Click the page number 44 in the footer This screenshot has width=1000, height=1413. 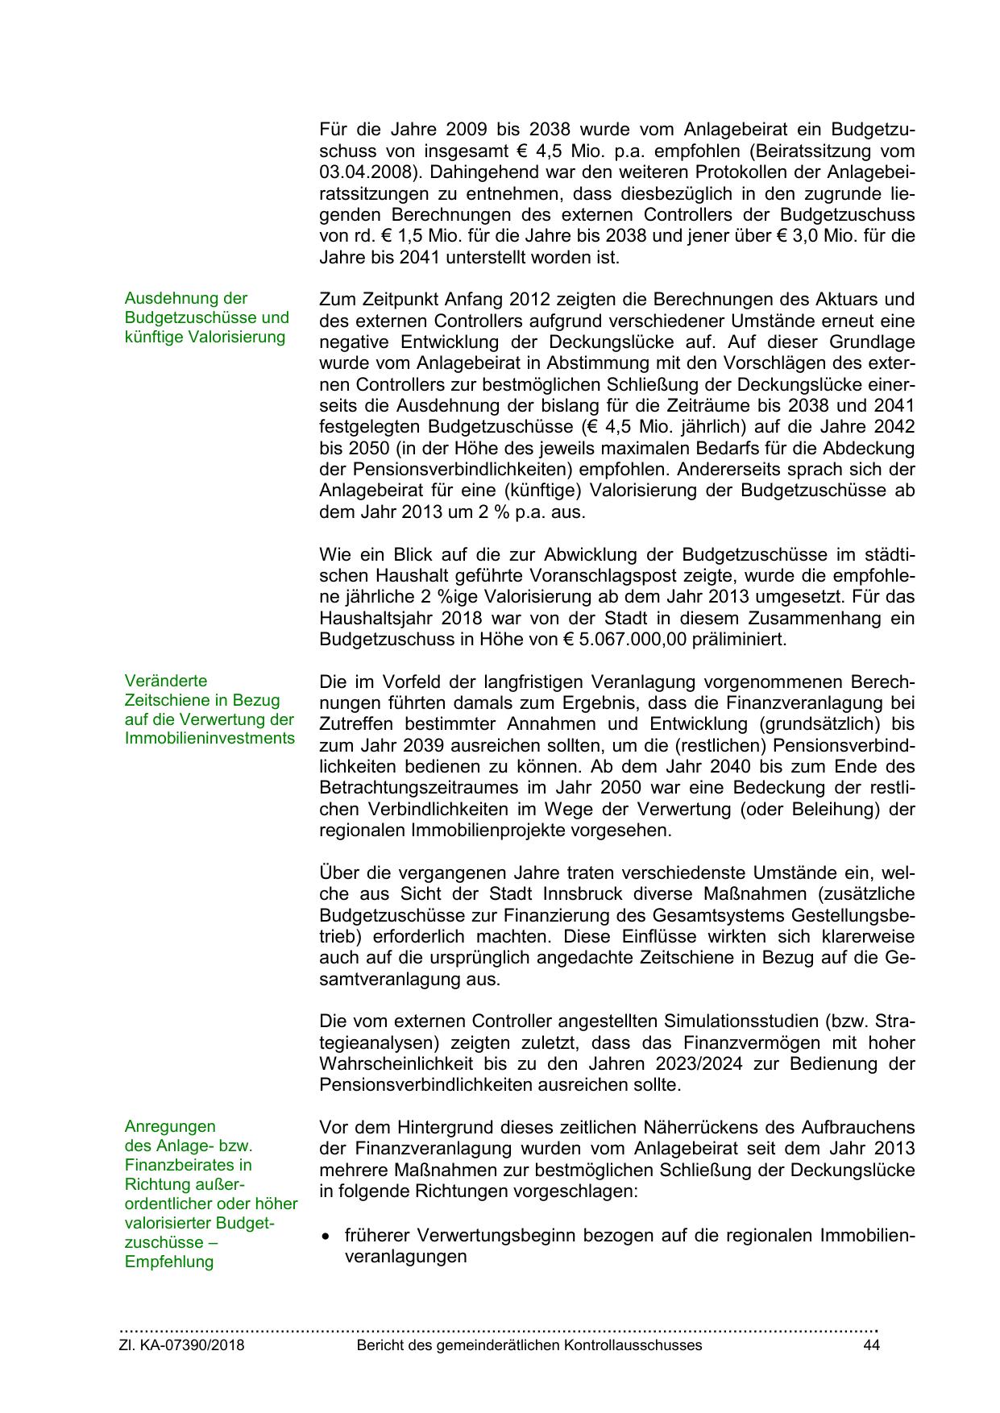click(x=870, y=1345)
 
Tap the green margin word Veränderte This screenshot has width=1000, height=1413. click(x=166, y=681)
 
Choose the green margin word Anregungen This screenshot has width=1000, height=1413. click(x=170, y=1126)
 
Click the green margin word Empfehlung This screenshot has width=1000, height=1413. click(x=169, y=1262)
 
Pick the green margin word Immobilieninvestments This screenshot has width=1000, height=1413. click(x=210, y=739)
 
